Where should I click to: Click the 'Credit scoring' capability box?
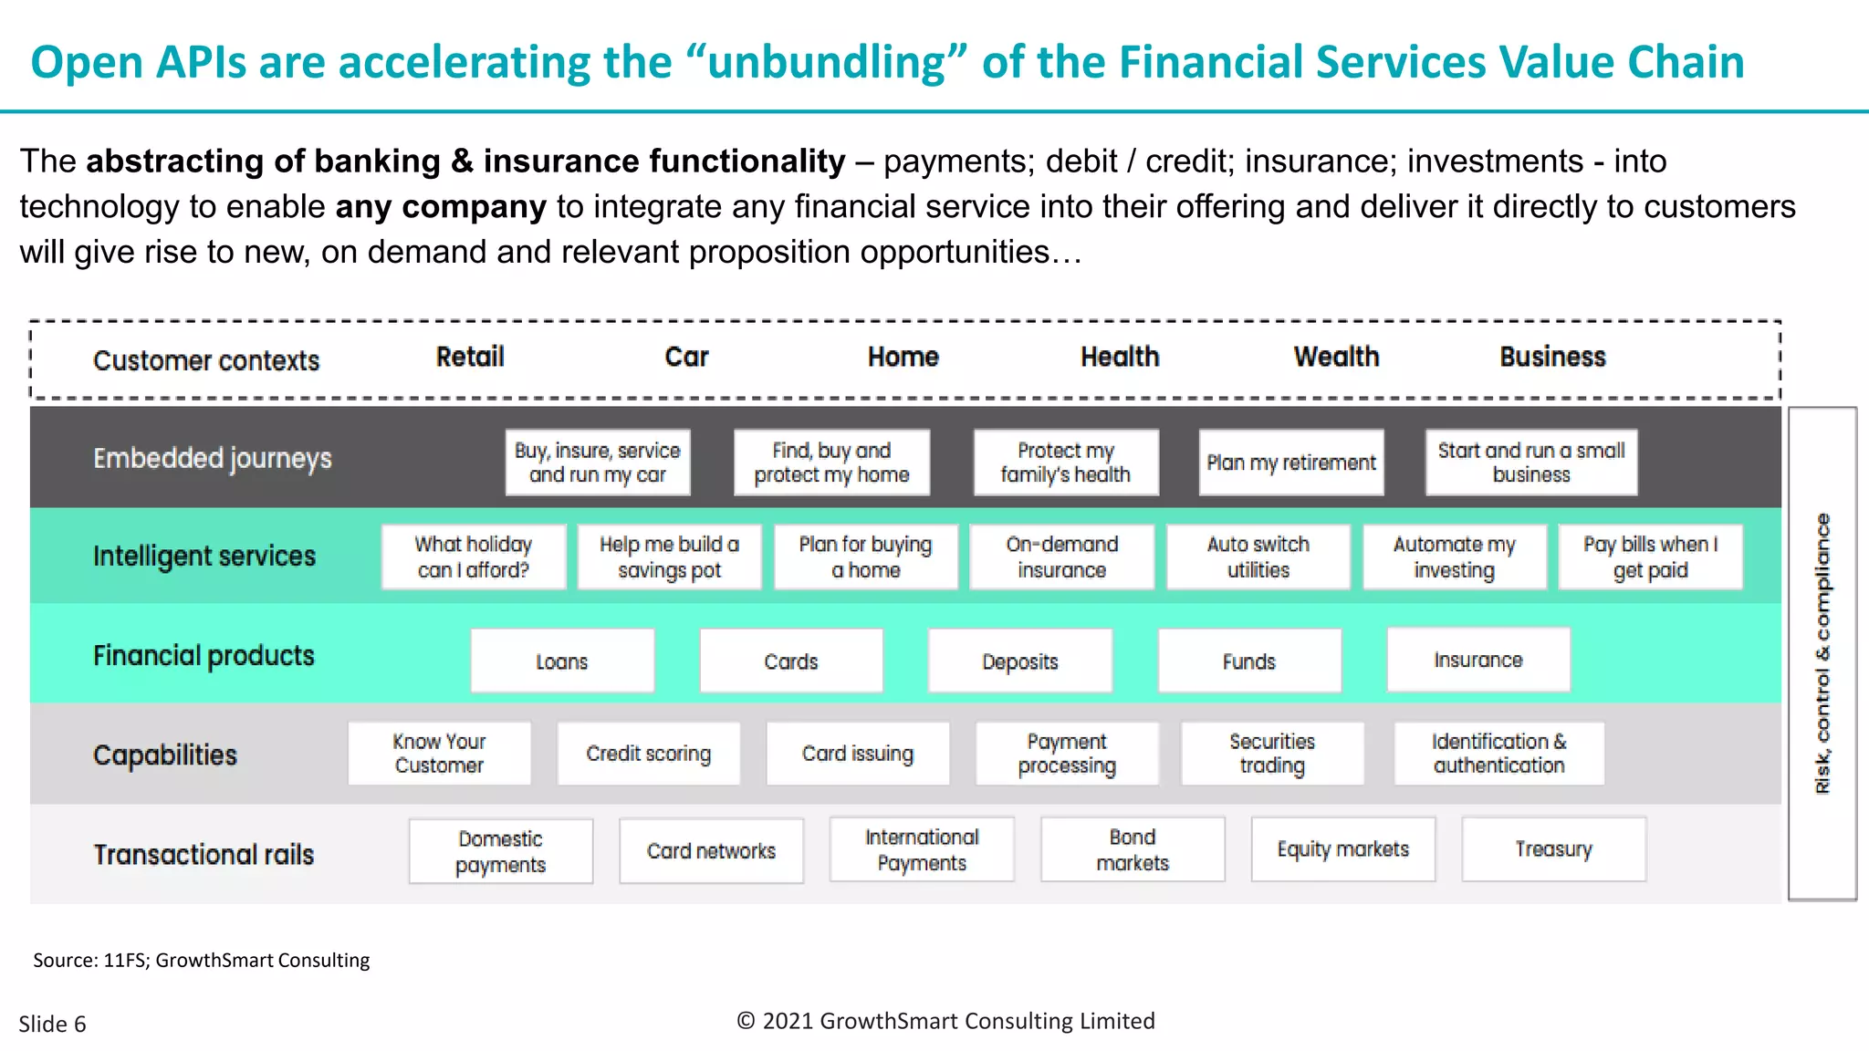[x=648, y=754]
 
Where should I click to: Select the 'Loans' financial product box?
[x=562, y=661]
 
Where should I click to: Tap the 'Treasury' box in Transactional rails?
[x=1553, y=849]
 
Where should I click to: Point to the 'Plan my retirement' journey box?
[x=1290, y=463]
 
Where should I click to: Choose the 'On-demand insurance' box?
[x=1061, y=557]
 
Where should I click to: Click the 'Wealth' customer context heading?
[x=1336, y=357]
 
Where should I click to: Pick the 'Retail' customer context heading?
[x=470, y=357]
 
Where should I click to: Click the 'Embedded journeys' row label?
[x=213, y=458]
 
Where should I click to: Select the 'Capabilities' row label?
[x=165, y=755]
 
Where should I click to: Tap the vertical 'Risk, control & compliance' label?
[x=1822, y=653]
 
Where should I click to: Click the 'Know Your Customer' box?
[x=439, y=754]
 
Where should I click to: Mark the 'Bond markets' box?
[x=1133, y=849]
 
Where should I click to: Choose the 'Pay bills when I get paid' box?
[x=1650, y=557]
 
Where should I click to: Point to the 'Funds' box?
[x=1249, y=661]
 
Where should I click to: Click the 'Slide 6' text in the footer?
[x=52, y=1024]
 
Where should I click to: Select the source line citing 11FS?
[x=202, y=960]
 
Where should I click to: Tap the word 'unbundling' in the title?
[x=827, y=62]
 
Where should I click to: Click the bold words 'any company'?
[x=441, y=207]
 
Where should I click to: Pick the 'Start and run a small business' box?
[x=1531, y=463]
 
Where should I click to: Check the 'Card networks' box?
[x=711, y=851]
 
